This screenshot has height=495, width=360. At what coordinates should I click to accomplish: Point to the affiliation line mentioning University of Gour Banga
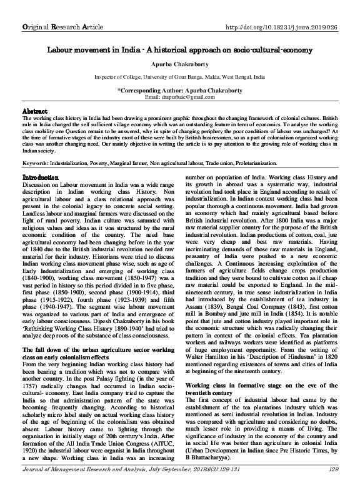(x=179, y=77)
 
